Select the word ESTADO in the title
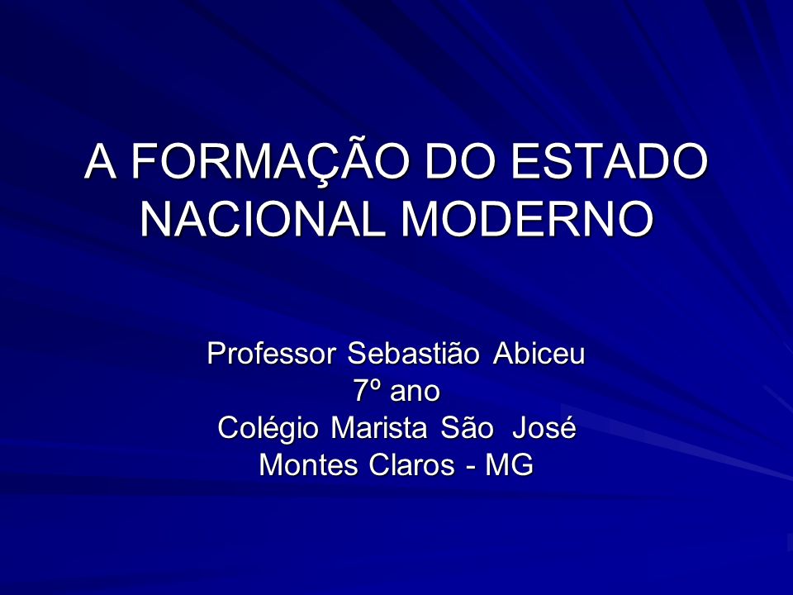tap(609, 161)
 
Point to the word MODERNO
tap(528, 219)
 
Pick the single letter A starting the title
tap(100, 161)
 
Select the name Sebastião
tap(413, 353)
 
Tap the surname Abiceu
tap(539, 353)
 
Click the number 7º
tap(366, 391)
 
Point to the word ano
tap(415, 393)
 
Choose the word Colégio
tap(268, 428)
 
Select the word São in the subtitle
tap(466, 427)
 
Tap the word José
tap(544, 427)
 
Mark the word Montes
tap(308, 464)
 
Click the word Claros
tap(411, 464)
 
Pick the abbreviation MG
tap(509, 464)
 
